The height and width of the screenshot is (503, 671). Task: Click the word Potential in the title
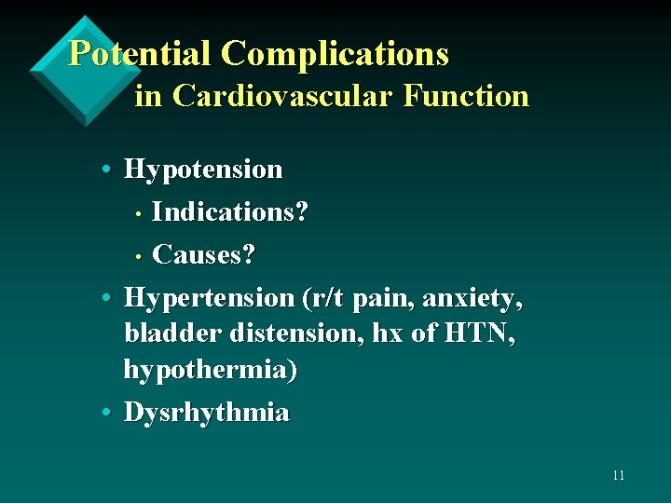[x=141, y=54]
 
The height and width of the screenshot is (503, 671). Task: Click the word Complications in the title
[x=335, y=54]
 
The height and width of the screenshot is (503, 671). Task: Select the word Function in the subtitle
[x=466, y=96]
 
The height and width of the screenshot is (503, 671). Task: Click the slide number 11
[x=618, y=476]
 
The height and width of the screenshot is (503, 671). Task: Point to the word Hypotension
[x=202, y=170]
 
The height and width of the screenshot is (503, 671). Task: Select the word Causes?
[x=203, y=254]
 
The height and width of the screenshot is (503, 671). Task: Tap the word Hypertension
[x=209, y=298]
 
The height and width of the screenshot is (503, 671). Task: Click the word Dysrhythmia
[x=206, y=413]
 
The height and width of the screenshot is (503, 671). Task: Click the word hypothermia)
[x=211, y=371]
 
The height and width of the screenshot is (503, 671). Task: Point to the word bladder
[x=166, y=333]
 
